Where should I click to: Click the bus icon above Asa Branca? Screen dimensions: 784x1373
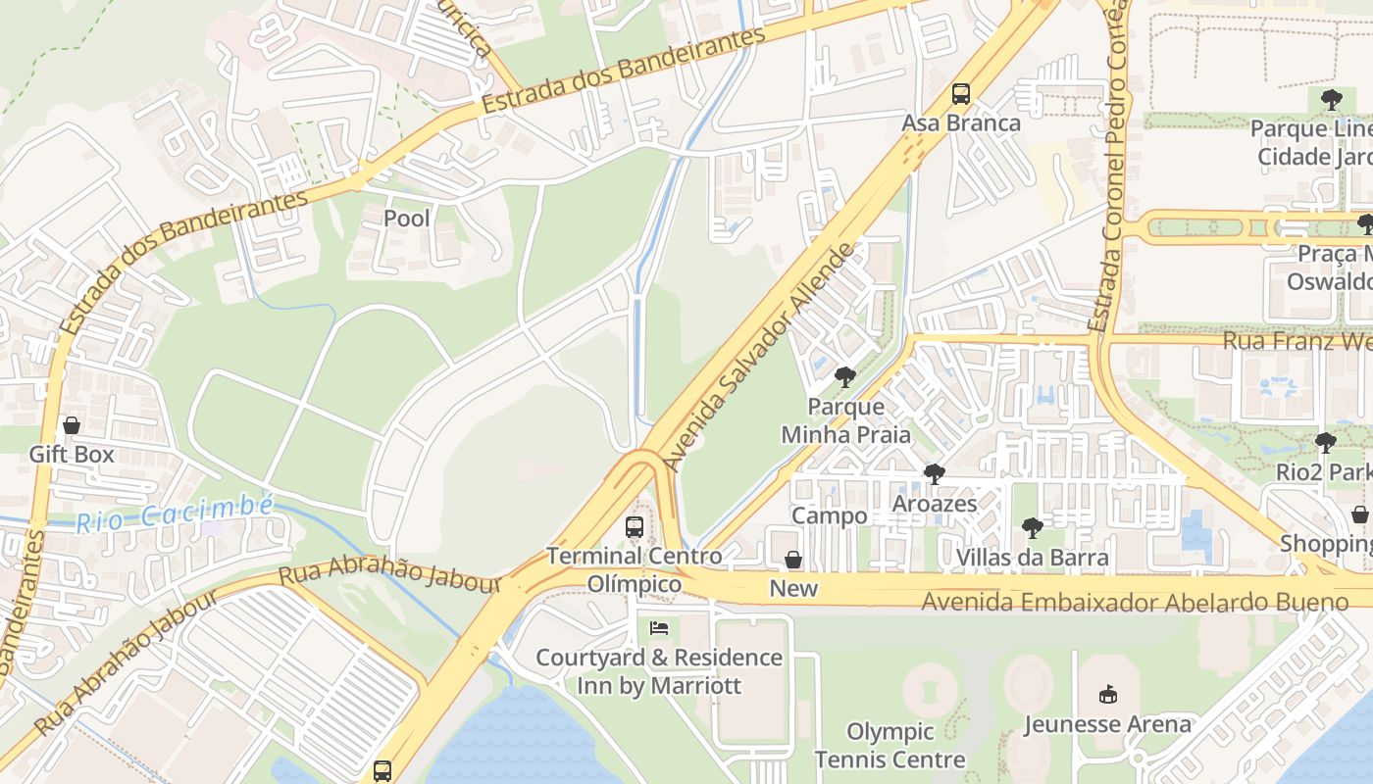[x=961, y=94]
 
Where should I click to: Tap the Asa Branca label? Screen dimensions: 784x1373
[x=961, y=123]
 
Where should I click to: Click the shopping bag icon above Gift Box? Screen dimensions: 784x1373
[x=72, y=425]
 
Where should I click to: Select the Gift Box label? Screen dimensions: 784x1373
[x=72, y=455]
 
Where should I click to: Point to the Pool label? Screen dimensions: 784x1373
[x=406, y=219]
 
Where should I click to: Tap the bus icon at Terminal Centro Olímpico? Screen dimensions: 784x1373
[x=635, y=527]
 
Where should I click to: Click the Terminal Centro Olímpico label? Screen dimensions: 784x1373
[x=634, y=570]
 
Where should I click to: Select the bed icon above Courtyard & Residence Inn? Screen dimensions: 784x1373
[x=659, y=627]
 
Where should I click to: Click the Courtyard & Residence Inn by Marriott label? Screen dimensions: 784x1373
[x=659, y=671]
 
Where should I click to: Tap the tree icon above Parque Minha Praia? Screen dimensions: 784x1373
[x=844, y=377]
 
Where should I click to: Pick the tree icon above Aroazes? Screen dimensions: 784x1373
[x=934, y=474]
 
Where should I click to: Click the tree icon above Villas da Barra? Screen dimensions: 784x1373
[x=1032, y=528]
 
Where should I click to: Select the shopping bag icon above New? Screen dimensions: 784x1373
[x=793, y=560]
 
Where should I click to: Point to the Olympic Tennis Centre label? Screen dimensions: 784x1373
[x=890, y=746]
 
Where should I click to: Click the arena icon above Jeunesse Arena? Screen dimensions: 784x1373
[x=1108, y=695]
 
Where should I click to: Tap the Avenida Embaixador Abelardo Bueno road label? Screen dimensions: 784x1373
[x=1135, y=601]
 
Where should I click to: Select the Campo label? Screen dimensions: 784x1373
[x=829, y=515]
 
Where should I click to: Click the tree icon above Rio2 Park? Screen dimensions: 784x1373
[x=1326, y=443]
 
